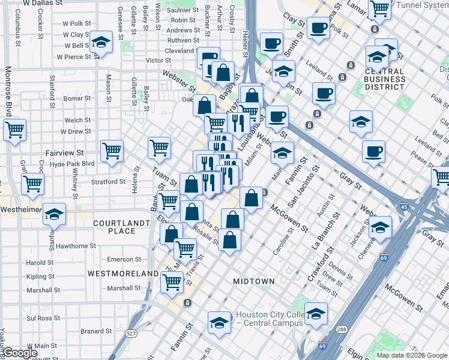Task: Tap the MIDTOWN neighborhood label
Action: point(254,281)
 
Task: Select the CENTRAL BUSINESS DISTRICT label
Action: point(376,79)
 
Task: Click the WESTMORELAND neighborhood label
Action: point(122,273)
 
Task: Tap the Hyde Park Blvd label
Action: point(73,163)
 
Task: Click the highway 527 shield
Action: point(131,332)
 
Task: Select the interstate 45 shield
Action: point(404,207)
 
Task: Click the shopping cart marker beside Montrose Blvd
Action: point(14,129)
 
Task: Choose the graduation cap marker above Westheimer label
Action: point(54,214)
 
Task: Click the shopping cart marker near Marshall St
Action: point(172,281)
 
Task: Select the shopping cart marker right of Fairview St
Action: point(112,151)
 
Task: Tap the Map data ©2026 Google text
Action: point(411,355)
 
